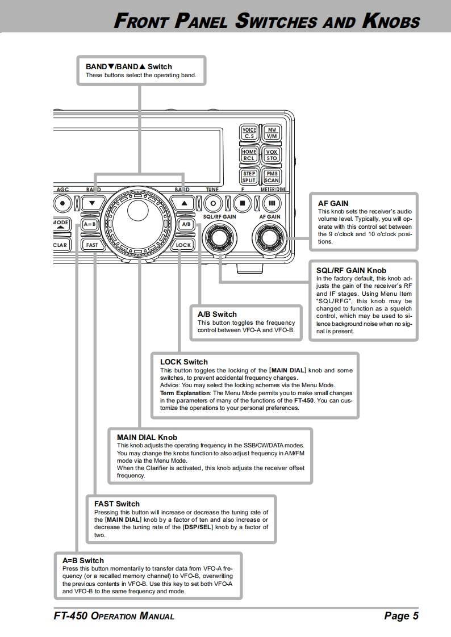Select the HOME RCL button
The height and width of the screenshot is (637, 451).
pos(249,155)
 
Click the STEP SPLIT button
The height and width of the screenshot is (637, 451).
pos(249,177)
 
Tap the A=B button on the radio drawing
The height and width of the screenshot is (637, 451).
pos(90,224)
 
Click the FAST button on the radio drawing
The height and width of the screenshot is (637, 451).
pos(91,245)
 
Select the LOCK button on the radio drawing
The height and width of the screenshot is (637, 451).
pos(183,245)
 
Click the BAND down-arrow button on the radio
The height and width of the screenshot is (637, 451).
pos(91,202)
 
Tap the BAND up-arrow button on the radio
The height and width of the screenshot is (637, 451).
pos(183,202)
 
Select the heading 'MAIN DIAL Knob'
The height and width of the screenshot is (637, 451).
pos(147,437)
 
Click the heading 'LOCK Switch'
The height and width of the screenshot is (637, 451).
pos(184,362)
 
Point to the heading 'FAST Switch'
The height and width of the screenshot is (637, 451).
pos(117,504)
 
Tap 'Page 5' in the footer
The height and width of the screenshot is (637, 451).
pos(401,616)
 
